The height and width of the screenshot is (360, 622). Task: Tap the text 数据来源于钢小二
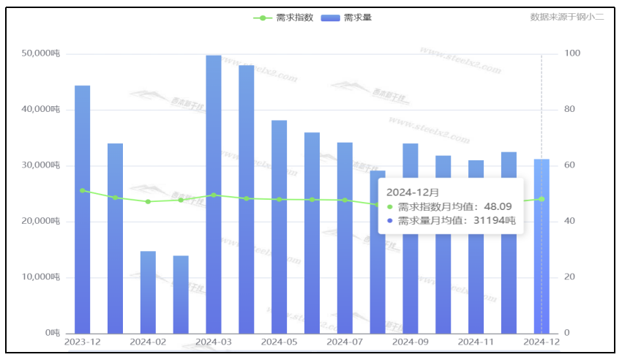tap(567, 17)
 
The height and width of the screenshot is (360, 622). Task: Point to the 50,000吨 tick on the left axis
tap(41, 54)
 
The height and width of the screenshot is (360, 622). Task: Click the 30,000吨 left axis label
tap(41, 165)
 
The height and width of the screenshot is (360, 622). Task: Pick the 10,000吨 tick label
tap(41, 277)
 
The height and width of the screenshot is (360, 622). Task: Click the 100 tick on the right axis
tap(572, 54)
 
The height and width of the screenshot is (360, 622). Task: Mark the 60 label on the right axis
tap(570, 165)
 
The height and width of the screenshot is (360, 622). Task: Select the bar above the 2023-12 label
tap(83, 209)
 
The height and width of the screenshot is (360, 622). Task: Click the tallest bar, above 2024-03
tap(214, 194)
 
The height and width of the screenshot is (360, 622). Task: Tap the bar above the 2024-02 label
tap(148, 292)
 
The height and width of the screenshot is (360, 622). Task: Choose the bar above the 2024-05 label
tap(280, 227)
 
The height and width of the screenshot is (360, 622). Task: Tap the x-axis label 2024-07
tap(345, 342)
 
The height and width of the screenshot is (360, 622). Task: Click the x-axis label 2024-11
tap(476, 342)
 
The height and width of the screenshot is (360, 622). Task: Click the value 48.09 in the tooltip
tap(492, 206)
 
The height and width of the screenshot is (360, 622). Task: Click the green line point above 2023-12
tap(83, 190)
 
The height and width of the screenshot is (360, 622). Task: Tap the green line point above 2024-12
tap(542, 199)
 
